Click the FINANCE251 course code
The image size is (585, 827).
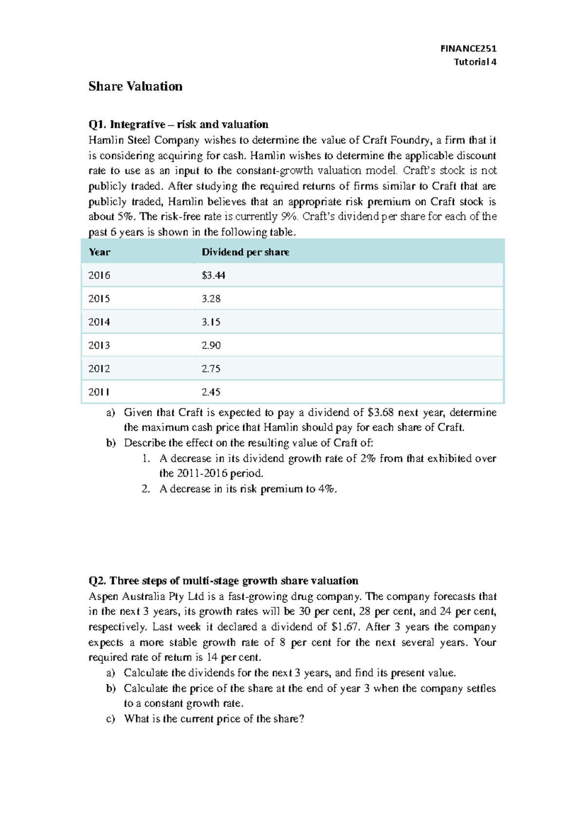point(468,48)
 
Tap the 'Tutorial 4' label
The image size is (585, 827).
point(475,62)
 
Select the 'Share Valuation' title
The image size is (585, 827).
point(135,86)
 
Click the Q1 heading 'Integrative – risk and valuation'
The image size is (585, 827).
point(178,124)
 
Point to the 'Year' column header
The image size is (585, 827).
point(99,252)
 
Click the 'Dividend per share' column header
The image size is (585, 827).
point(245,252)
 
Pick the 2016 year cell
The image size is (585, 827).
point(99,275)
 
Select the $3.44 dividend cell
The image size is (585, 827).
point(213,275)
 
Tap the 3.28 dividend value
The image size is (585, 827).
point(211,299)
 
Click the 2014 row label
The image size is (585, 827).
point(99,322)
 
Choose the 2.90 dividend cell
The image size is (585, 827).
point(211,345)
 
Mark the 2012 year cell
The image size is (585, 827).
point(99,369)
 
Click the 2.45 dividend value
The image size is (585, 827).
point(211,392)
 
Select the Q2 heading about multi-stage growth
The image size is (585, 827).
point(223,581)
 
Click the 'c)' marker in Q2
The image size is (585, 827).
point(111,719)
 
